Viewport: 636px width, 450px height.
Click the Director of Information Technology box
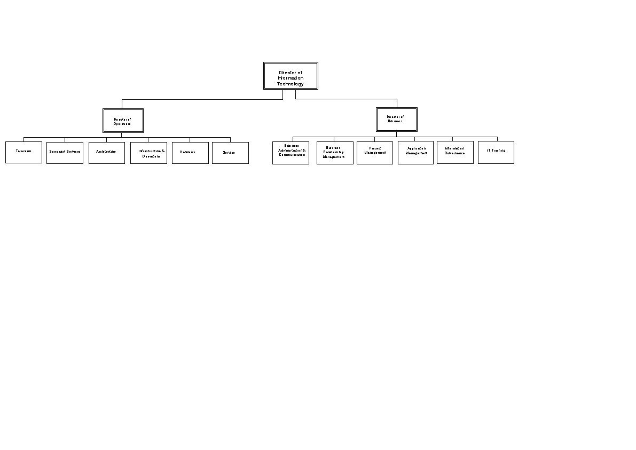290,76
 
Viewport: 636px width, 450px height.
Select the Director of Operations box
123,121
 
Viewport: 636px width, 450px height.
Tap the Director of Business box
396,119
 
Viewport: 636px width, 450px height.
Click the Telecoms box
23,152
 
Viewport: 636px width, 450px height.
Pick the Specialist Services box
65,153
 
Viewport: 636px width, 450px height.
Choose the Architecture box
106,153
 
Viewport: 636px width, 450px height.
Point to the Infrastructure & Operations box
148,153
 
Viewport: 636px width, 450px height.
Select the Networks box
190,153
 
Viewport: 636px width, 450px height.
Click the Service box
230,153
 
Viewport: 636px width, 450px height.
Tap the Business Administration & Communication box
290,153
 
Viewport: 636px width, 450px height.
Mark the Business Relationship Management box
335,153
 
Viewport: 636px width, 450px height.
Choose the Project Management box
374,153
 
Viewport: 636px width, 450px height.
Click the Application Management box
415,153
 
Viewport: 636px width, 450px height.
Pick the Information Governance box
455,152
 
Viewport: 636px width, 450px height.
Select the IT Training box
496,152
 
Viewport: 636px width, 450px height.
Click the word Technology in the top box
290,84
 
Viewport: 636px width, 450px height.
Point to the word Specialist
58,152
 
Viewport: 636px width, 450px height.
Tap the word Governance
454,153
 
